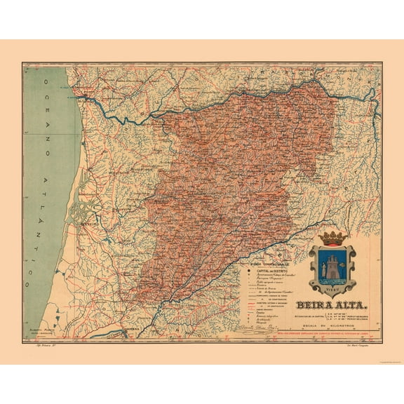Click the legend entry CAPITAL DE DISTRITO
(263, 272)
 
